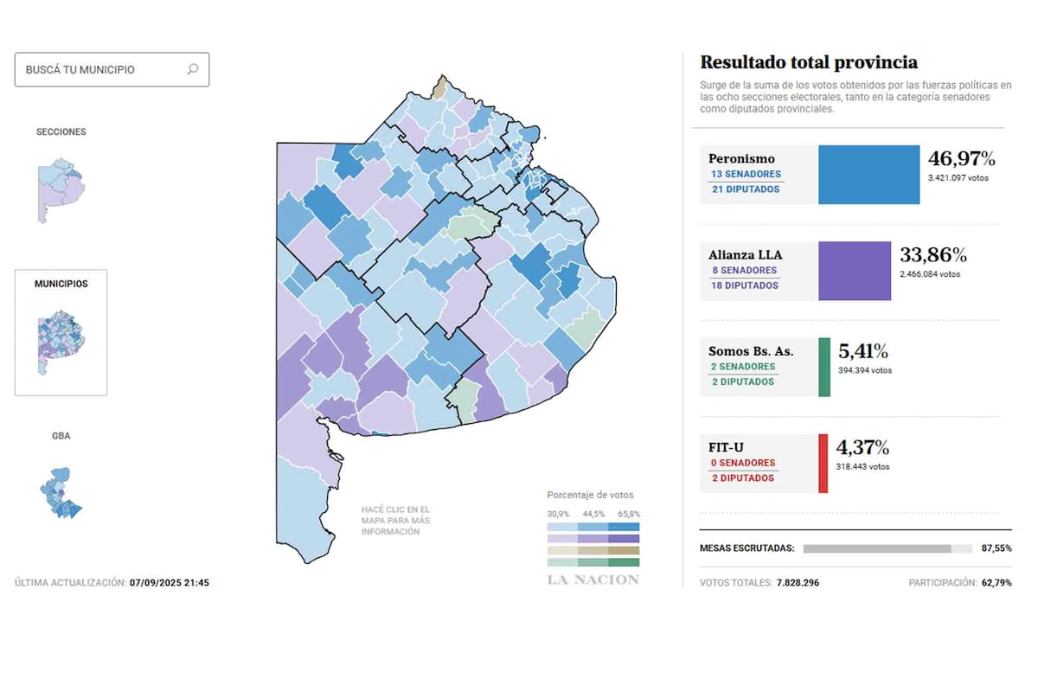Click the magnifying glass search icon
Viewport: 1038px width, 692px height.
193,69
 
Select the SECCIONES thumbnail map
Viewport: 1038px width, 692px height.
59,189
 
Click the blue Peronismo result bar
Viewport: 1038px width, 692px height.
868,175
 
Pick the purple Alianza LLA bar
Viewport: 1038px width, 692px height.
854,271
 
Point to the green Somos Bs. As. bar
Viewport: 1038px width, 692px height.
824,367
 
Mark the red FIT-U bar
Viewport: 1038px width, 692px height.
823,464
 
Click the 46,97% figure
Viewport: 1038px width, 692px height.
961,159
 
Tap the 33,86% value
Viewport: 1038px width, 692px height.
933,255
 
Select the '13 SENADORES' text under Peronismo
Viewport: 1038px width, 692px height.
746,174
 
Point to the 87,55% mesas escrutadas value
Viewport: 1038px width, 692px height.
996,548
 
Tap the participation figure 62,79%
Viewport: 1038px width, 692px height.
996,583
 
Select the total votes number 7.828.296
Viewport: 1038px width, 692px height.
797,583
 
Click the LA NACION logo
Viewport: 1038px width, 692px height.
593,580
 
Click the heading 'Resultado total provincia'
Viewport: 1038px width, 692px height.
809,62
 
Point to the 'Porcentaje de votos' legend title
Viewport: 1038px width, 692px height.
590,495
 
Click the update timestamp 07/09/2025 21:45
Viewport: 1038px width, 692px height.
170,583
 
